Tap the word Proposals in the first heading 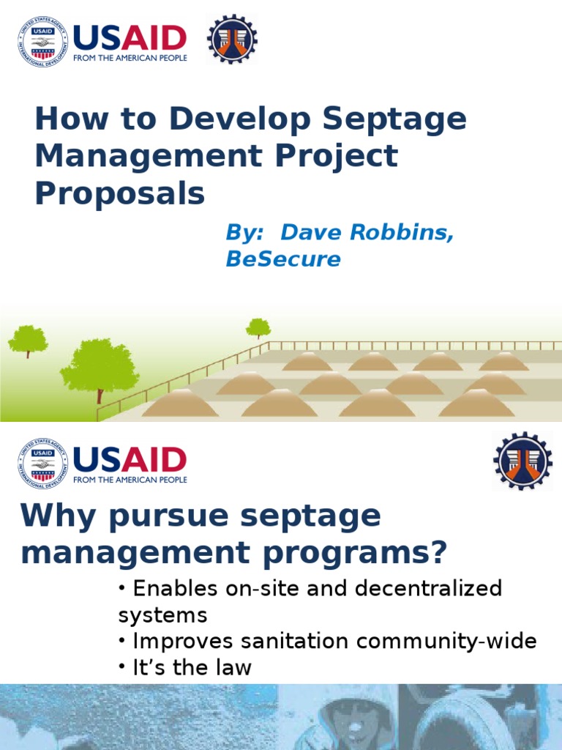coord(120,193)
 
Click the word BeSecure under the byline coord(283,259)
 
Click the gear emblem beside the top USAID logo coord(232,39)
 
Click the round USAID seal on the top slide coord(42,42)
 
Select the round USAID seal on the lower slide coord(42,464)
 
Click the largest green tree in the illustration coord(100,366)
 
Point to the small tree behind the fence coord(258,327)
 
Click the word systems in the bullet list coord(162,615)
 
